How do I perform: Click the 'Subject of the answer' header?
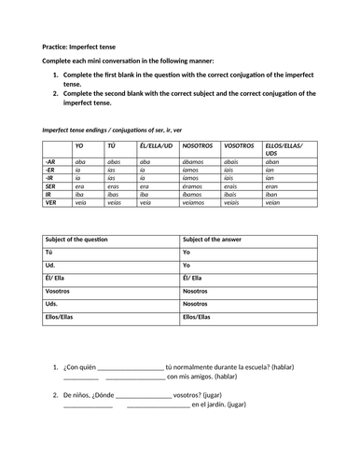click(218, 240)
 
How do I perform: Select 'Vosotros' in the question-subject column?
click(60, 290)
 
